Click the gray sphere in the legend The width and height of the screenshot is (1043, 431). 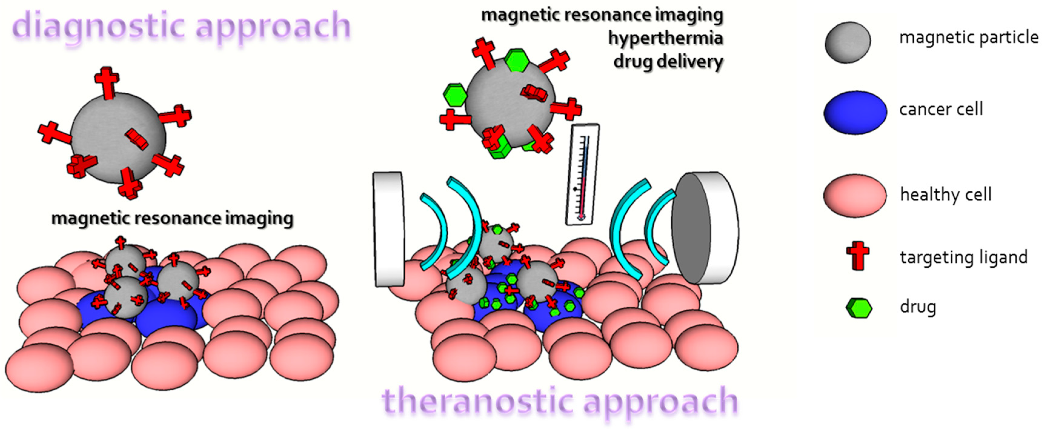coord(848,42)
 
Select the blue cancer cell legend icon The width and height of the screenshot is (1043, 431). coord(855,112)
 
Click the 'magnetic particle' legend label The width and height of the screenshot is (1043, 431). coord(968,38)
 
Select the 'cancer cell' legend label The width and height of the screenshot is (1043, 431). coord(941,109)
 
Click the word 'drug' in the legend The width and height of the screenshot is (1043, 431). coord(918,307)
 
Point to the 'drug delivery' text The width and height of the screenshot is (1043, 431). coord(668,62)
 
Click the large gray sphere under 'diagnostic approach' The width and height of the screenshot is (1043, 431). coord(118,138)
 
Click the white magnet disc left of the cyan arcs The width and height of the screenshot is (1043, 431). coord(389,229)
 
